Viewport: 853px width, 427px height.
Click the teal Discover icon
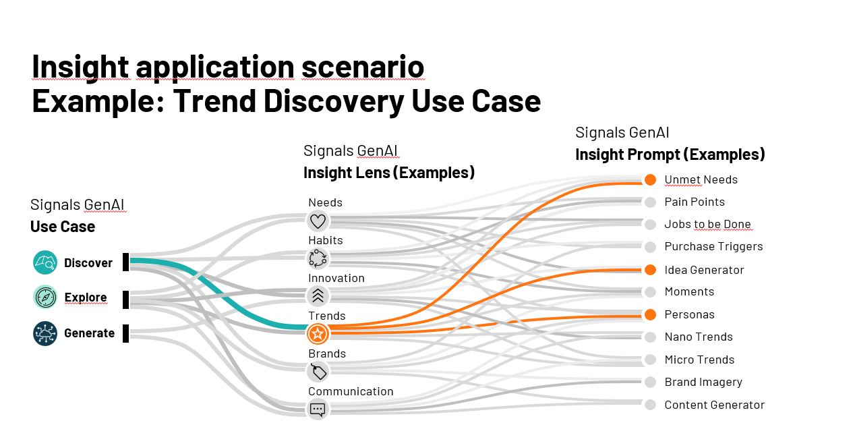tap(45, 262)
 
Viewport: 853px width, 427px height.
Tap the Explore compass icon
tap(45, 297)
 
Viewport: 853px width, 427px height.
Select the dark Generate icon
tap(45, 333)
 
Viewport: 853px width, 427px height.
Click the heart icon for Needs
tap(318, 221)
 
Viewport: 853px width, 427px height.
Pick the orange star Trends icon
tap(318, 334)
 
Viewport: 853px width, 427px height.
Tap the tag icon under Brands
tap(318, 372)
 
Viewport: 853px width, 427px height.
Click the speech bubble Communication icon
tap(318, 409)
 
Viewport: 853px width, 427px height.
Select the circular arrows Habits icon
tap(318, 258)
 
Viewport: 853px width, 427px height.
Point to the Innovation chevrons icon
tap(318, 296)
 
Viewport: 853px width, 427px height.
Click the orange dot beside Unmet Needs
tap(651, 180)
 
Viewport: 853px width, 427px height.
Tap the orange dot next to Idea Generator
tap(651, 270)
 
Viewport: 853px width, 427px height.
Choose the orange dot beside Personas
tap(651, 314)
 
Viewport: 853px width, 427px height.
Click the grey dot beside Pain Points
tap(651, 202)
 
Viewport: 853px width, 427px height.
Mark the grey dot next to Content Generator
tap(651, 405)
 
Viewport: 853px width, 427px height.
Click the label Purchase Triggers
tap(713, 247)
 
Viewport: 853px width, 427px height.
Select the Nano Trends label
tap(699, 337)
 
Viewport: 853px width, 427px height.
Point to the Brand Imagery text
tap(703, 382)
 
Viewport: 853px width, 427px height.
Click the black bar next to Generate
tap(125, 333)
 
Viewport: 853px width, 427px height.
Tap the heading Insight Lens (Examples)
tap(389, 173)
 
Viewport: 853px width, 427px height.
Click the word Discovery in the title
tap(333, 101)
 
